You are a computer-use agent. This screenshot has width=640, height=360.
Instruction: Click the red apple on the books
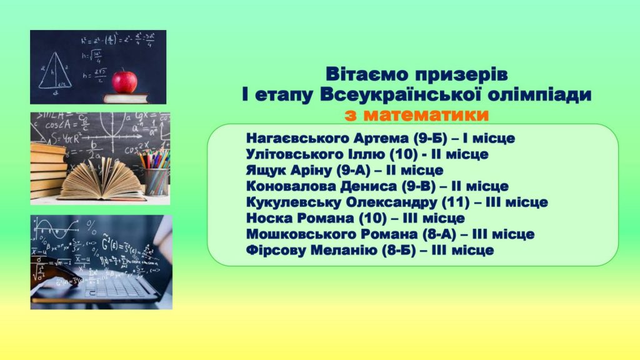pos(124,82)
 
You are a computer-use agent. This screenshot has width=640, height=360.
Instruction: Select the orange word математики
pos(417,115)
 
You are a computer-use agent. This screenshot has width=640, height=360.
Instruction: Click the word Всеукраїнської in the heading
pos(399,94)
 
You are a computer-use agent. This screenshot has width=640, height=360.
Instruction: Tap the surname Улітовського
pos(295,154)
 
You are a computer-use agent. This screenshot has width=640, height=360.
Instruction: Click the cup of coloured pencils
pos(156,174)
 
